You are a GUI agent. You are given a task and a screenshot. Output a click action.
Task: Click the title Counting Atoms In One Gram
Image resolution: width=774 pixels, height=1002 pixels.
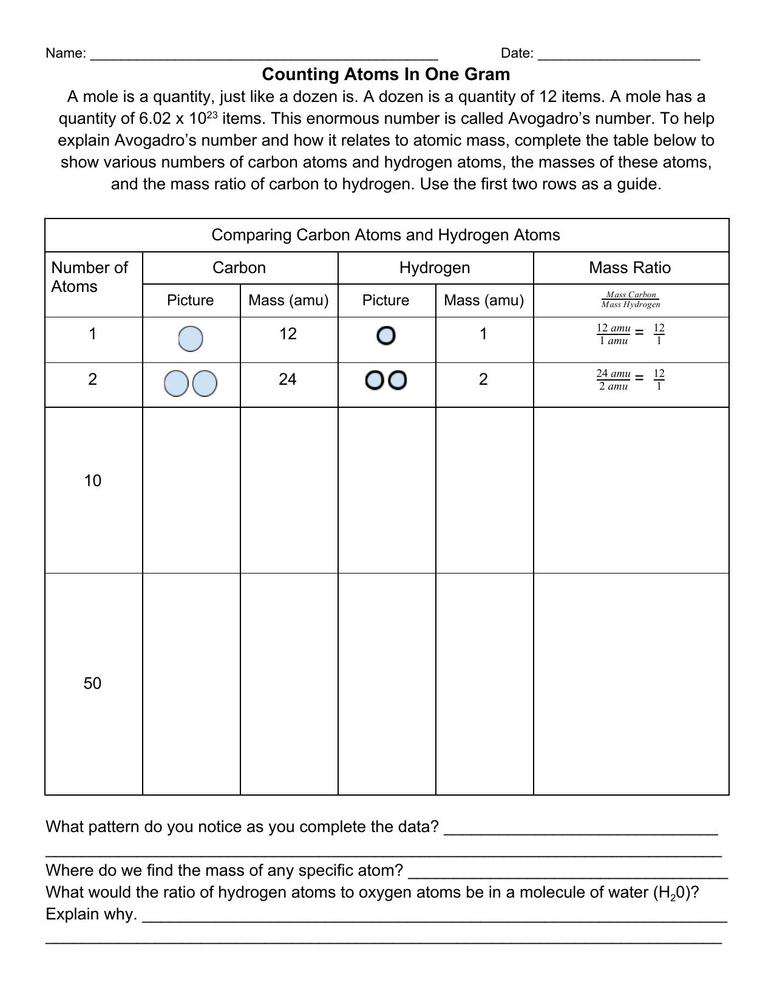pyautogui.click(x=386, y=75)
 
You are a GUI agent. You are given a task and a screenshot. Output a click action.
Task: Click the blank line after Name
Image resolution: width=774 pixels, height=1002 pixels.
pyautogui.click(x=263, y=55)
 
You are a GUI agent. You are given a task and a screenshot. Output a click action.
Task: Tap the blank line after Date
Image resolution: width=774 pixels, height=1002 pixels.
pyautogui.click(x=619, y=55)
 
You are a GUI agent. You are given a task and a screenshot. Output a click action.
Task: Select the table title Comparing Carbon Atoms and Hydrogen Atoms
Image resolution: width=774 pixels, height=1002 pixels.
pyautogui.click(x=386, y=235)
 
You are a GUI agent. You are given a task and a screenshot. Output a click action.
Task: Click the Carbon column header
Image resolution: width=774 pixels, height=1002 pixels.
pyautogui.click(x=239, y=268)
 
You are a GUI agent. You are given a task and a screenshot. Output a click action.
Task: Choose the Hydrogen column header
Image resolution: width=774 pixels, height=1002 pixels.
pyautogui.click(x=435, y=268)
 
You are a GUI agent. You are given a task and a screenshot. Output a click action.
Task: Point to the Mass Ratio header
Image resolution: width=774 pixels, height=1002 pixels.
pyautogui.click(x=630, y=268)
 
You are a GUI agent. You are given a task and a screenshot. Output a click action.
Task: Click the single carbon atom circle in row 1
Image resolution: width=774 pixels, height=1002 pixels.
pyautogui.click(x=191, y=339)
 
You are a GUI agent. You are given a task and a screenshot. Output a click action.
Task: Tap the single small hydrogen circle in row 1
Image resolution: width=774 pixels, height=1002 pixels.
pyautogui.click(x=386, y=336)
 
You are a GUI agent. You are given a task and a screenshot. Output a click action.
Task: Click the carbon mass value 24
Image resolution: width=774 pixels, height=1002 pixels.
pyautogui.click(x=288, y=380)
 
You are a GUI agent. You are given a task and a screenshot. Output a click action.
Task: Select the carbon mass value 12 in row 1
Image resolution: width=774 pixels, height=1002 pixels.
pyautogui.click(x=288, y=334)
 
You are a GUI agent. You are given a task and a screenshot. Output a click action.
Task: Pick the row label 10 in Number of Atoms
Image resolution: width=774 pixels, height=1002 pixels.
pyautogui.click(x=92, y=481)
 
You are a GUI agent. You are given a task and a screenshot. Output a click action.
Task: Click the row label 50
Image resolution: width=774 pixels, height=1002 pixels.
pyautogui.click(x=92, y=684)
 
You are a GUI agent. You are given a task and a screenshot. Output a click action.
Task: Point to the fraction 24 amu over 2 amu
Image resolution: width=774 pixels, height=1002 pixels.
pyautogui.click(x=613, y=380)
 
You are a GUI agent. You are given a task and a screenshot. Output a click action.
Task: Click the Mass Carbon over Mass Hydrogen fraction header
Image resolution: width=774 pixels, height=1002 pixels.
pyautogui.click(x=631, y=300)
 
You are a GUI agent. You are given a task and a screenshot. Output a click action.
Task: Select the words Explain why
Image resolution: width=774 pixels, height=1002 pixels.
pyautogui.click(x=91, y=915)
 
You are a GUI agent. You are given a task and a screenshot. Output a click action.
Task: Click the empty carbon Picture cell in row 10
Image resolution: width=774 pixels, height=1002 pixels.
pyautogui.click(x=191, y=490)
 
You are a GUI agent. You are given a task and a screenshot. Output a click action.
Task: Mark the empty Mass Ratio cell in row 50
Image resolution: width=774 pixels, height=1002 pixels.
pyautogui.click(x=631, y=684)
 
